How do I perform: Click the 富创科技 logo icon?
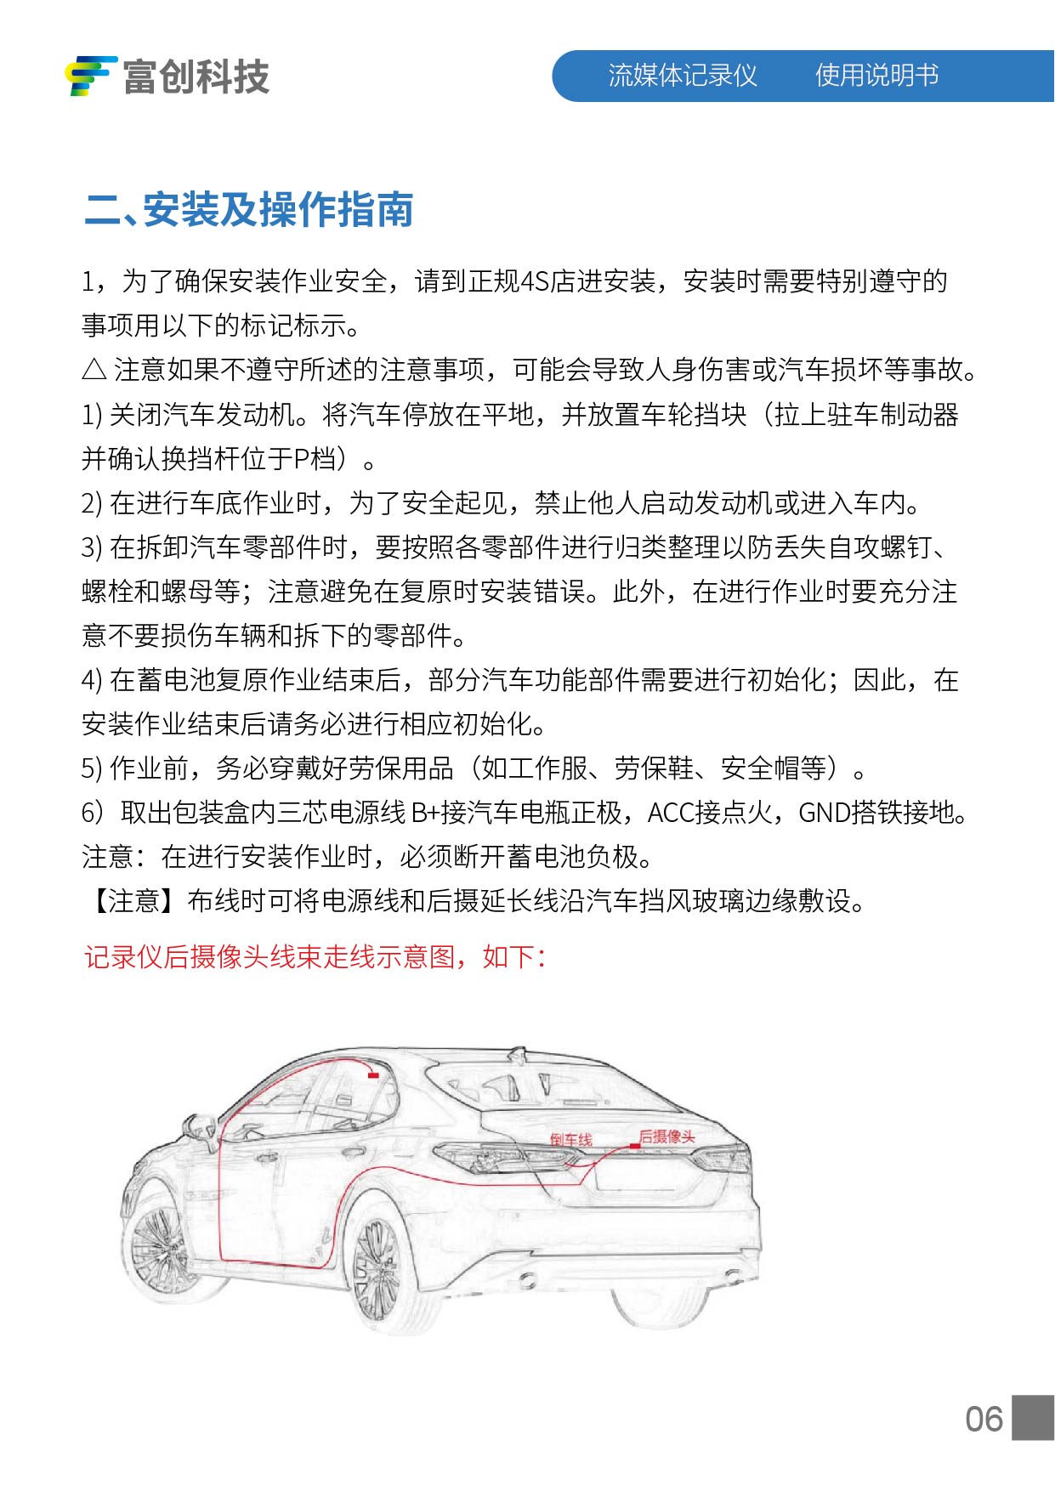(x=90, y=76)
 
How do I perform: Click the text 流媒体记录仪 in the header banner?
(x=682, y=76)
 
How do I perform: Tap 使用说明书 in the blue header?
(x=876, y=76)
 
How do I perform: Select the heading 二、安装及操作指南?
(x=249, y=210)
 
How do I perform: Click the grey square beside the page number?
(x=1033, y=1417)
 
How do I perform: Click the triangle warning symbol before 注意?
(x=94, y=370)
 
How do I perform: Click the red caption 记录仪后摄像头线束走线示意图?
(x=269, y=957)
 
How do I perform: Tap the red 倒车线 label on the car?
(x=570, y=1139)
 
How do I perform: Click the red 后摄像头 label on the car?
(x=667, y=1136)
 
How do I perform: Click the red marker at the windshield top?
(x=373, y=1075)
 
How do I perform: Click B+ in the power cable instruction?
(x=425, y=814)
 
